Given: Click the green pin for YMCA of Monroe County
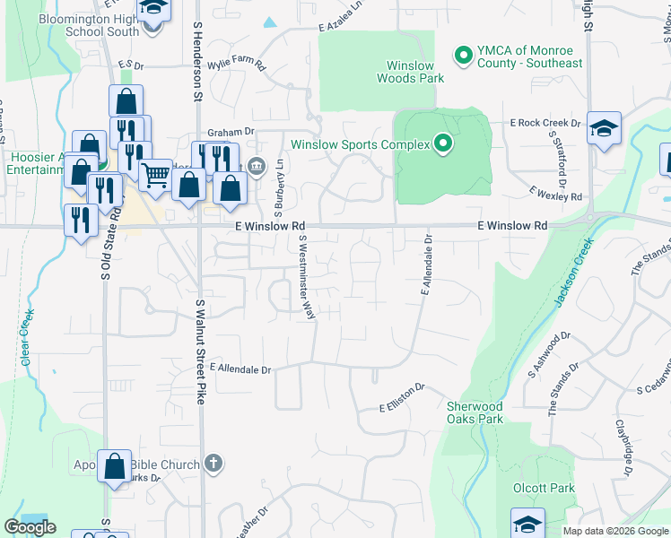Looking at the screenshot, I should point(464,56).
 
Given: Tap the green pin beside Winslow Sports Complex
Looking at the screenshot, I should point(442,143).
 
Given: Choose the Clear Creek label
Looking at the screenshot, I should point(27,336).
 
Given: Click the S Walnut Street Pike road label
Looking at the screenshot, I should point(201,351).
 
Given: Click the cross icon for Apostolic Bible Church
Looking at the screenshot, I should point(213,463).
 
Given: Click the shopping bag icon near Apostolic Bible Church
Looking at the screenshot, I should point(115,466).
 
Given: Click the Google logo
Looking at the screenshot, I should point(30,527).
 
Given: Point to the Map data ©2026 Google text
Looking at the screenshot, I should point(614,531).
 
